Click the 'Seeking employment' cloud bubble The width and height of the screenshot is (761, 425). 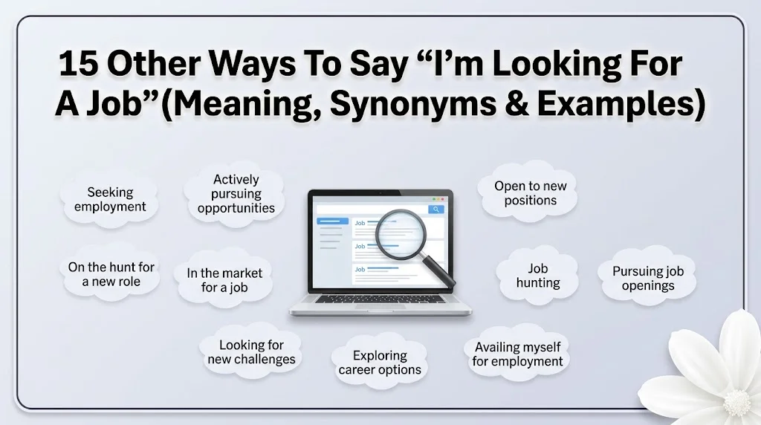(x=110, y=199)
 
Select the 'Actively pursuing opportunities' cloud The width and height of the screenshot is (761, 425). (x=236, y=194)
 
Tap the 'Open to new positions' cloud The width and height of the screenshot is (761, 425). (x=529, y=193)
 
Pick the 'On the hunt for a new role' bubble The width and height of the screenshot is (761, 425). (x=111, y=274)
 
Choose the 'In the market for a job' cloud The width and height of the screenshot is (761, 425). (x=224, y=280)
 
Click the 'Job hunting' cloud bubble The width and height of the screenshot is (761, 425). (x=538, y=276)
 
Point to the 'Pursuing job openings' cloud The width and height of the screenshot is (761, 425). (x=648, y=278)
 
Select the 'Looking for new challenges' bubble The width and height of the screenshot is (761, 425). (x=251, y=351)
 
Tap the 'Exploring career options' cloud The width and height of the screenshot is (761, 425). (x=380, y=363)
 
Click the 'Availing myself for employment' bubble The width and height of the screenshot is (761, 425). (x=517, y=354)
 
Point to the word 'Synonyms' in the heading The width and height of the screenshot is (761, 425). (x=413, y=103)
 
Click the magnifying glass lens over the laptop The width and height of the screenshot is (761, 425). (x=400, y=234)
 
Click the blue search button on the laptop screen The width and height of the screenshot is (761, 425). (x=435, y=209)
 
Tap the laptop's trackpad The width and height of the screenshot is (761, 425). (x=379, y=307)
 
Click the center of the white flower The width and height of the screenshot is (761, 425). (x=737, y=402)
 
